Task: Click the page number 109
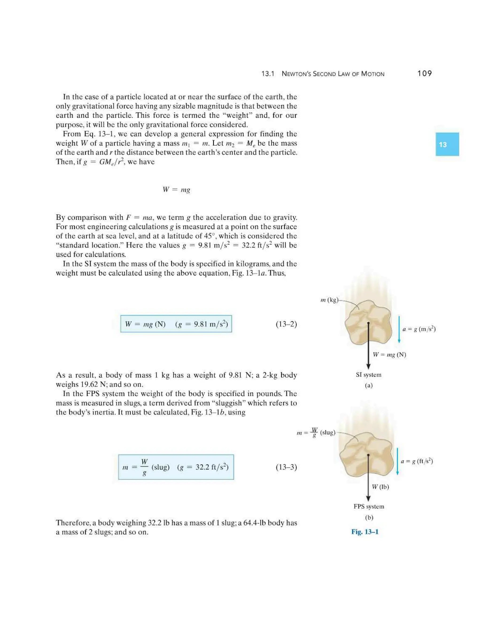(424, 73)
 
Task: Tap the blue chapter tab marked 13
(447, 144)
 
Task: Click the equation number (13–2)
(286, 324)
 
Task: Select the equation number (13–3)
(286, 467)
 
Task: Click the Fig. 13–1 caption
(365, 532)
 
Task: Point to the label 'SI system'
(368, 375)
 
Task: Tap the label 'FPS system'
(369, 506)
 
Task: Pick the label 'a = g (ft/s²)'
(417, 461)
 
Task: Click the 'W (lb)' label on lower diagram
(380, 487)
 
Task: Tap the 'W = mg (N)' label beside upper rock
(389, 355)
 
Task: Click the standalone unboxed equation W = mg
(176, 190)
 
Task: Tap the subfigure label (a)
(369, 385)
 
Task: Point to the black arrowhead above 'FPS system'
(368, 498)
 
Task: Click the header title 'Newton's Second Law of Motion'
(333, 74)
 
